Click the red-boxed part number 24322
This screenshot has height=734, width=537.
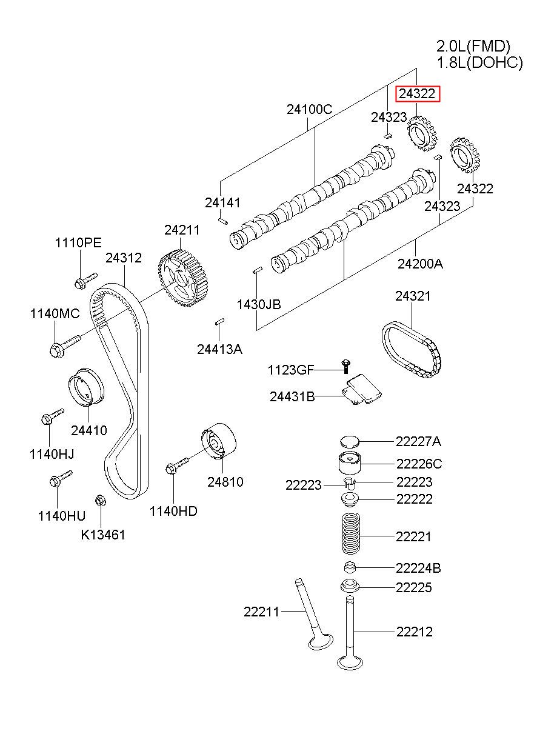point(417,94)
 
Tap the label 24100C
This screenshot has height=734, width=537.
point(309,110)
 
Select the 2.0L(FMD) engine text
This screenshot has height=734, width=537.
point(473,46)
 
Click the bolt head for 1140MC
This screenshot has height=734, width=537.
point(57,350)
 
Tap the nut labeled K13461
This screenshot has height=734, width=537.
point(99,501)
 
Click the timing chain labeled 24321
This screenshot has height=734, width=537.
point(412,350)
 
